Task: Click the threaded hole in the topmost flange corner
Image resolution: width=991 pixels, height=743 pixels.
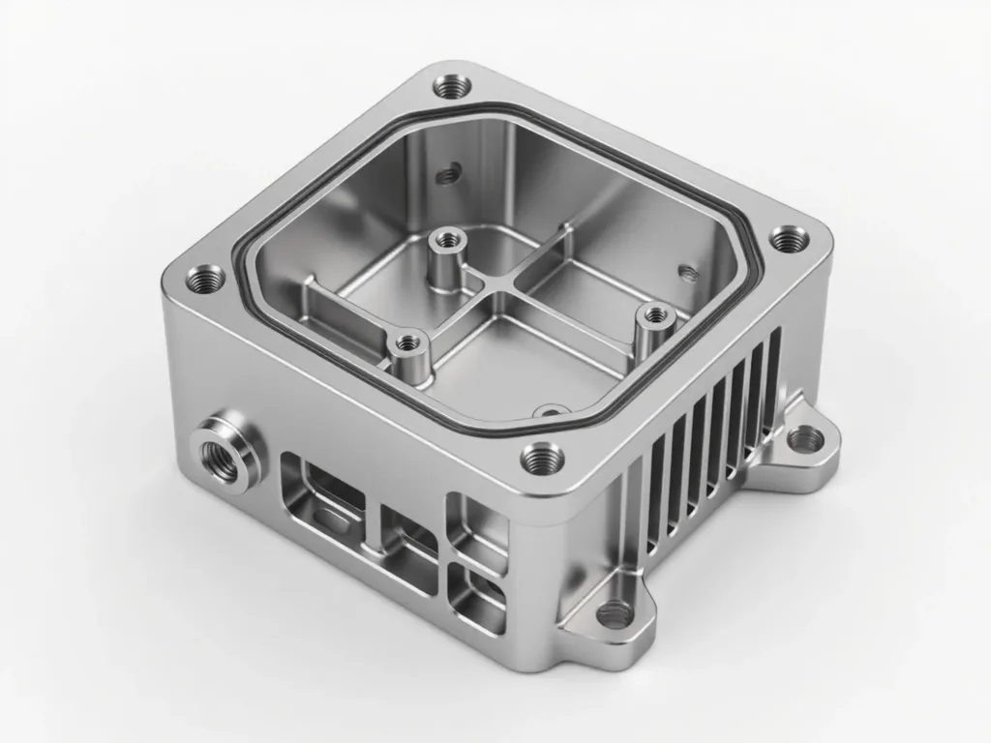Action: tap(448, 88)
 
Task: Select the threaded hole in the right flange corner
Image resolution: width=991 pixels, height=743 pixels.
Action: tap(784, 237)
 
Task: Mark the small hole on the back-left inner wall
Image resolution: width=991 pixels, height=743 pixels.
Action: tap(446, 175)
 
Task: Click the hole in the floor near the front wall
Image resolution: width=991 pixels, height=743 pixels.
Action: tap(550, 412)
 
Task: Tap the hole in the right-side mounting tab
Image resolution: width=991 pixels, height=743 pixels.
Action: tap(805, 441)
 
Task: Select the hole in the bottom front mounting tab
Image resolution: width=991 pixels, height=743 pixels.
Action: tap(614, 611)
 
